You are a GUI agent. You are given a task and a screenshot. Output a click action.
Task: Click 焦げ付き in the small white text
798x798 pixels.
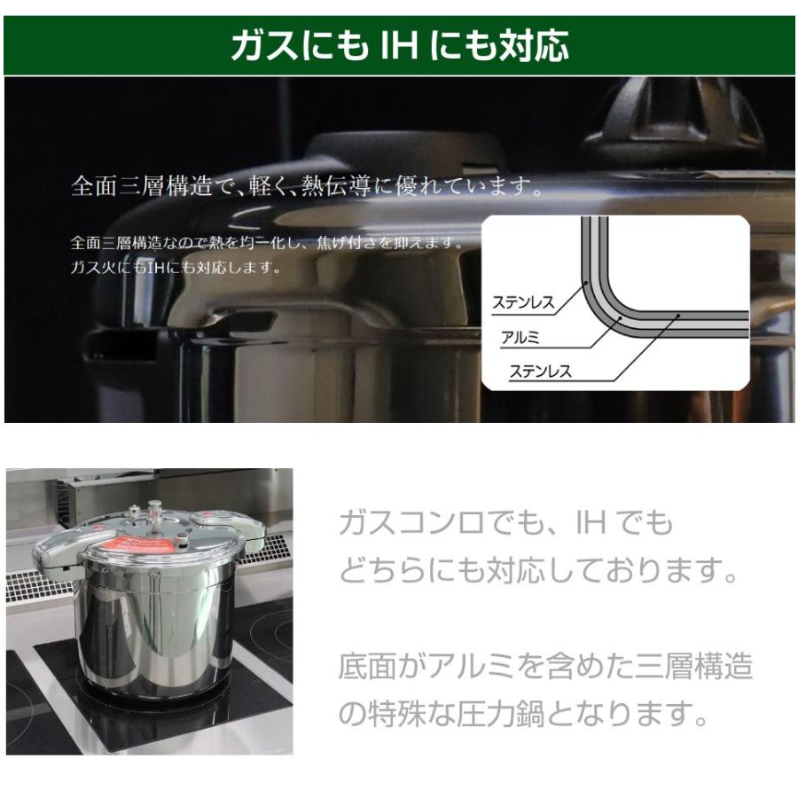(x=348, y=242)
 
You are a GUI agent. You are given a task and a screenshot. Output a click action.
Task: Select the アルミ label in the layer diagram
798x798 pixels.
(x=520, y=338)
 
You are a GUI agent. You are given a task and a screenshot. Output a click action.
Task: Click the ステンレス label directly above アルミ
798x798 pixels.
(x=523, y=303)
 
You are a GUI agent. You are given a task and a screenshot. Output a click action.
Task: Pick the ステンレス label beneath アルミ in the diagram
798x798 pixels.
(x=540, y=372)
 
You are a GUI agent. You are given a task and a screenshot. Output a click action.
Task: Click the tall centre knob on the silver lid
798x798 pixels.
(x=156, y=514)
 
